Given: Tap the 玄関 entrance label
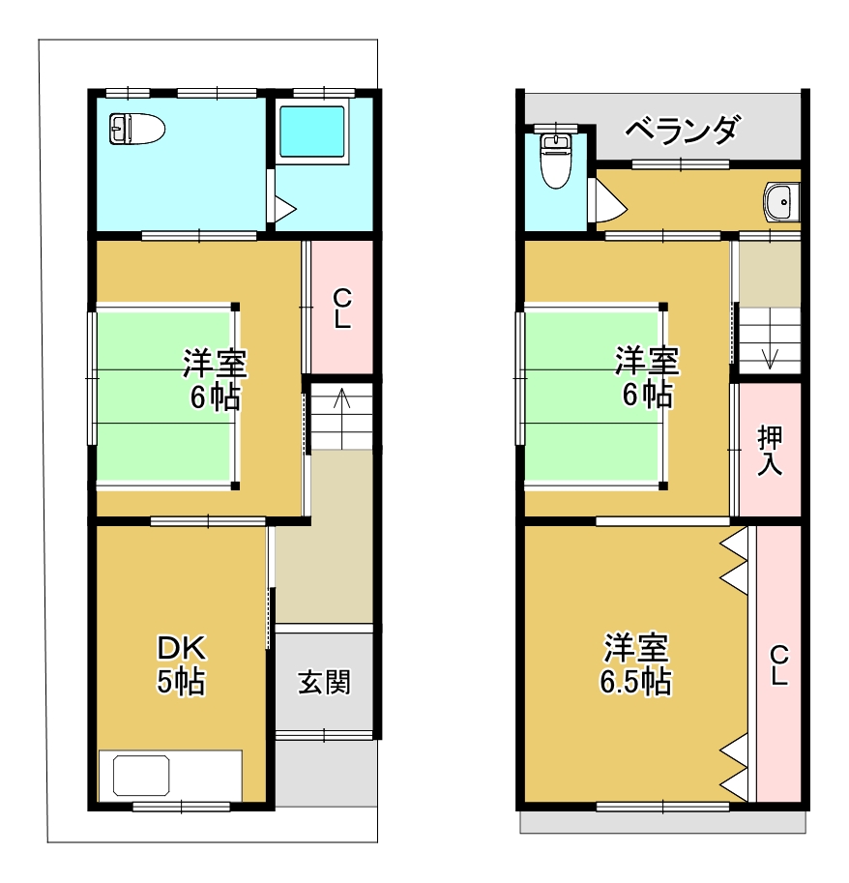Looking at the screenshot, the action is click(324, 682).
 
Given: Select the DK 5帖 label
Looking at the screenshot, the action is click(181, 665).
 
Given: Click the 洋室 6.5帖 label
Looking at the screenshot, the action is click(635, 664).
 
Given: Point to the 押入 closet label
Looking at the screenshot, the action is click(770, 451).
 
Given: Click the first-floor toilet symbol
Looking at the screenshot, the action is click(136, 129).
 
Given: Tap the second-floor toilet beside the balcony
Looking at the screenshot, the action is click(556, 162).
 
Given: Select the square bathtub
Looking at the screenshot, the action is click(312, 132).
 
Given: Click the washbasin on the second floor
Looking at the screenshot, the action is click(781, 202).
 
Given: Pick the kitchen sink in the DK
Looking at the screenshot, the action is click(141, 776).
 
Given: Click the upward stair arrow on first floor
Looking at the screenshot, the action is click(341, 418).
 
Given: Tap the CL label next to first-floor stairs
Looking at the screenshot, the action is click(342, 309).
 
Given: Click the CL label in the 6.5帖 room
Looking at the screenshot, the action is click(778, 665).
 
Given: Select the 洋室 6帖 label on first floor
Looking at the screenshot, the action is click(215, 379).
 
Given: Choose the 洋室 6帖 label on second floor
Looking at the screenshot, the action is click(648, 377).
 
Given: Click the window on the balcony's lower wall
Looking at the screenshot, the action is click(680, 164).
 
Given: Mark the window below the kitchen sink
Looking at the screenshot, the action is click(181, 807).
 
